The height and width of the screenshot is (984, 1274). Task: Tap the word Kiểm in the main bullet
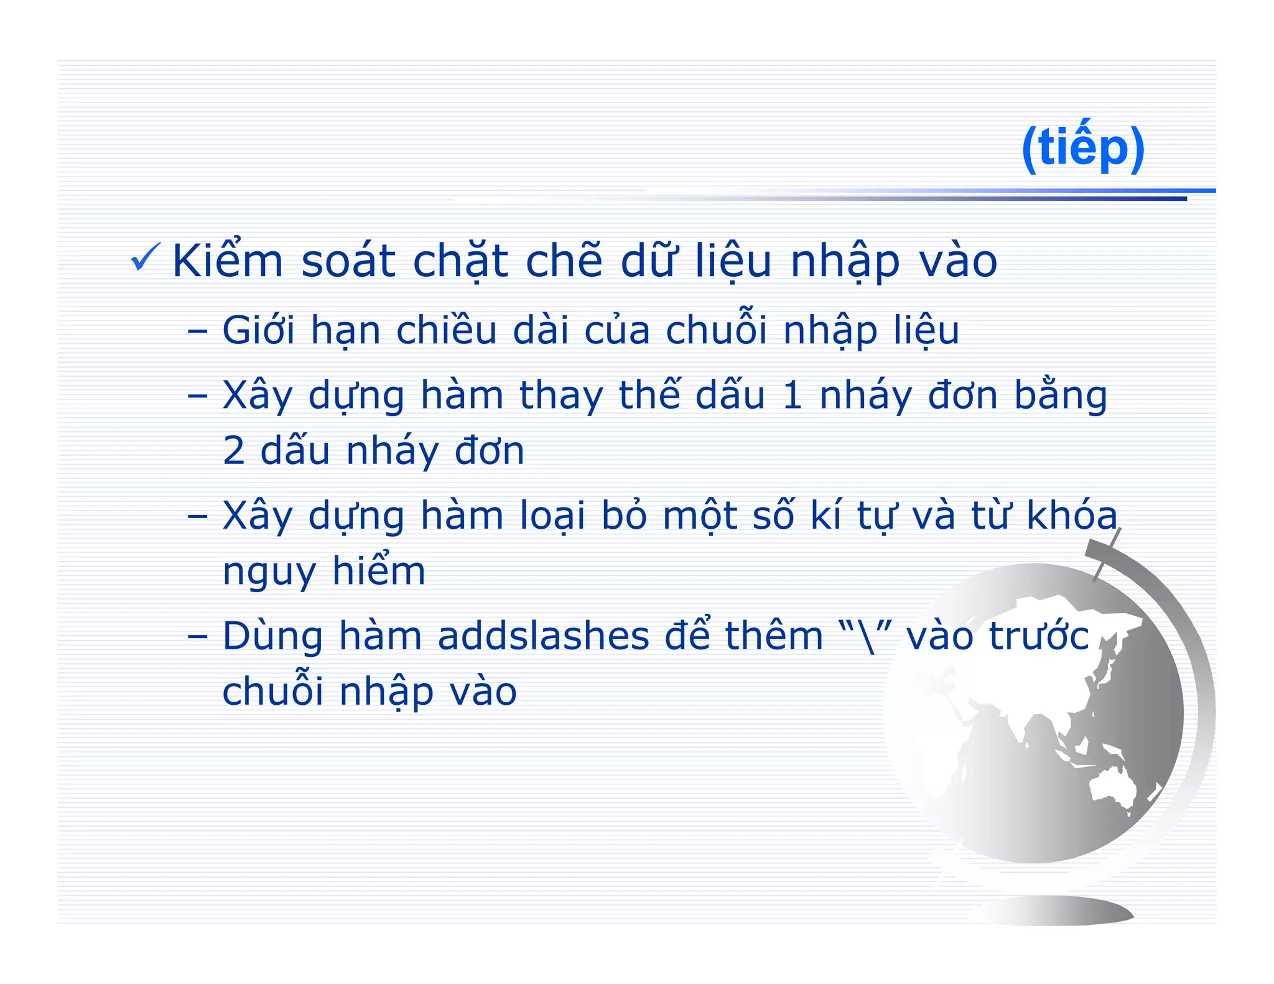[x=228, y=261]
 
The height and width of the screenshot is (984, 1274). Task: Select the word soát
[x=348, y=261]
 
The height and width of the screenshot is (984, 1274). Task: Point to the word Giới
[x=258, y=330]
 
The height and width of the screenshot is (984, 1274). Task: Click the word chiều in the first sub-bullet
[x=446, y=330]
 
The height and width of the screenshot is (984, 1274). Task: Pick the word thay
[x=561, y=396]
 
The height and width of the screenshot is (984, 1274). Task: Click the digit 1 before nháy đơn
[x=792, y=396]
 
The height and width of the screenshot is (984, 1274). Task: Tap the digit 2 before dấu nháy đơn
[x=234, y=451]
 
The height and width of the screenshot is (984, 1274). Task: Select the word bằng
[x=1061, y=396]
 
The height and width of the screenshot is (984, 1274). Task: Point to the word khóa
[x=1071, y=516]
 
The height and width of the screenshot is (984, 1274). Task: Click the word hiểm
[x=378, y=571]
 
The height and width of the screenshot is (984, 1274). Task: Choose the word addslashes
[x=542, y=636]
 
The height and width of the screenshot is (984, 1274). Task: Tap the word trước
[x=1039, y=636]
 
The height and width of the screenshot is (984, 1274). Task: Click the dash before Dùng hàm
[x=197, y=636]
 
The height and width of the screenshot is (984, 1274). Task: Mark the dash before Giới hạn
[x=197, y=330]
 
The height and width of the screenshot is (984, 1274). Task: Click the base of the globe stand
[x=1051, y=911]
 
